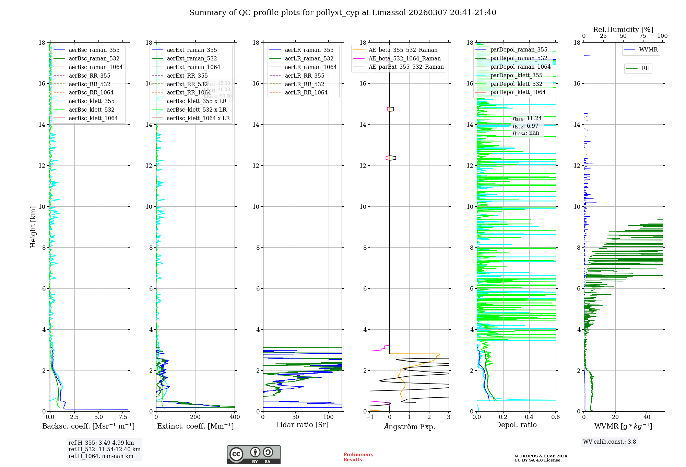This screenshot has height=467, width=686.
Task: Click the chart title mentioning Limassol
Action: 343,13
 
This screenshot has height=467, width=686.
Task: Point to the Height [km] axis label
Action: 33,227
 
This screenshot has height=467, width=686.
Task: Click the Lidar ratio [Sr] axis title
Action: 302,425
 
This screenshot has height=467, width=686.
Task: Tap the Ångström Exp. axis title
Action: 410,426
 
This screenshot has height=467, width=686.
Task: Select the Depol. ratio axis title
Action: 516,425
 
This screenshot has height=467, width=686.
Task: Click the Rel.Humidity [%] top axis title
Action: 623,30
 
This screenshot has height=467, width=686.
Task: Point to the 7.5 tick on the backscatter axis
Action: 123,417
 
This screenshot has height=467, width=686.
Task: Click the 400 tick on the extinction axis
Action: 235,417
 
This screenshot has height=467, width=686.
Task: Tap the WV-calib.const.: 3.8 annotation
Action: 610,442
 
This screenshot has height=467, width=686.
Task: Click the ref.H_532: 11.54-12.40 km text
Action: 104,449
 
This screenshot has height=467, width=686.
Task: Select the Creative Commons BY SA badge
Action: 253,455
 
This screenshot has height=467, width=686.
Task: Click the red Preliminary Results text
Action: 358,457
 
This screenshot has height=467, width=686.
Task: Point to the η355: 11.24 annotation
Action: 527,118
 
